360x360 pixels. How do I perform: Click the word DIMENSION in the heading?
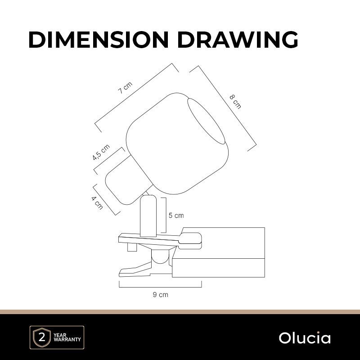coord(99,40)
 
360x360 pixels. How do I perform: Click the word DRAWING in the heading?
coord(238,40)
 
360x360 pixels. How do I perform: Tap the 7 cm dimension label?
coord(126,87)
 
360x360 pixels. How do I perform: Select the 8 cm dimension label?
coord(235,102)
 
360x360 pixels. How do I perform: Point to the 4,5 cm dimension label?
coord(101,152)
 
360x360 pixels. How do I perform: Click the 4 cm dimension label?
coord(97,203)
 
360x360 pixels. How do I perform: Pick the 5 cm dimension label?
coord(176,216)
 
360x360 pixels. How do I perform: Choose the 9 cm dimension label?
coord(161,295)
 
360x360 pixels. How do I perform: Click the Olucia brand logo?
coord(305,338)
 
